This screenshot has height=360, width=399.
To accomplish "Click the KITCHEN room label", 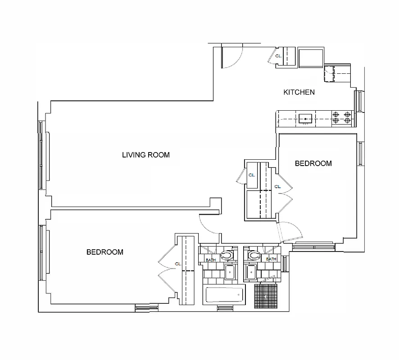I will tap(299, 92).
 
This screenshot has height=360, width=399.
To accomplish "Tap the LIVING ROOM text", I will tap(146, 155).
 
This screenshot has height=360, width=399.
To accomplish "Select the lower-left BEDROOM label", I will tap(104, 252).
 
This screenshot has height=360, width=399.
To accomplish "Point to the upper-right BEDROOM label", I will tap(313, 163).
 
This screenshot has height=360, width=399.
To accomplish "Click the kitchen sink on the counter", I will tap(305, 119).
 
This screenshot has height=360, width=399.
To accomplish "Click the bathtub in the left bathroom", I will tap(224, 296).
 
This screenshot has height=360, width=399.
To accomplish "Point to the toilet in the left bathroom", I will tap(229, 255).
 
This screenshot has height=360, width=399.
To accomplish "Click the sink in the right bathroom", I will tap(250, 272).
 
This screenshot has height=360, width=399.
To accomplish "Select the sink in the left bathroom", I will tap(230, 272).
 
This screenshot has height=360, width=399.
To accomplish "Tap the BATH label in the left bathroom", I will tap(210, 260).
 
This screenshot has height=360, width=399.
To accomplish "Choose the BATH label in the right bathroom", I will tap(271, 259).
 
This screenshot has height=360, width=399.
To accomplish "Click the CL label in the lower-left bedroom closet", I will tap(177, 264).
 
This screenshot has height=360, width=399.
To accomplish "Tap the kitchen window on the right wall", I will tap(359, 101).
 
